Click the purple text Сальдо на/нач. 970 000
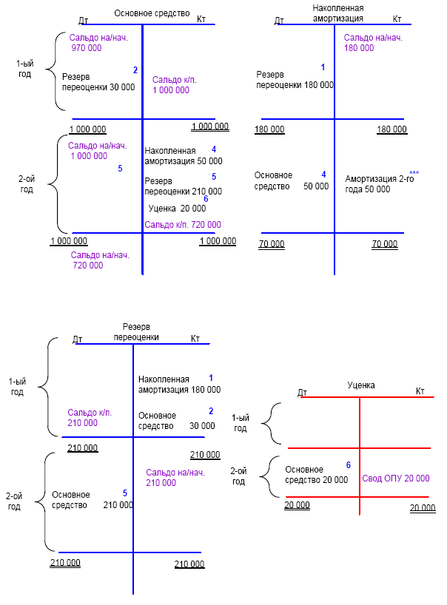[96, 43]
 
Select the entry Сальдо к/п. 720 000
[183, 224]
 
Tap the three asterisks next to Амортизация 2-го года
[414, 172]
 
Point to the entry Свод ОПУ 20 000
[395, 479]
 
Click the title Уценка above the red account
[361, 385]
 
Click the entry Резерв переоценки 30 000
[98, 81]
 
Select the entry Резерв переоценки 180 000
[295, 80]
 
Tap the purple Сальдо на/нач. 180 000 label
[373, 43]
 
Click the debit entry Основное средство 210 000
[93, 500]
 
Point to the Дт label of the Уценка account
[302, 392]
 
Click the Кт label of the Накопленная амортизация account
[397, 19]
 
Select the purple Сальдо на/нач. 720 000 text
[100, 260]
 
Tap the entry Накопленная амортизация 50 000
[183, 155]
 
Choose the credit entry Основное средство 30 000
[177, 420]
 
